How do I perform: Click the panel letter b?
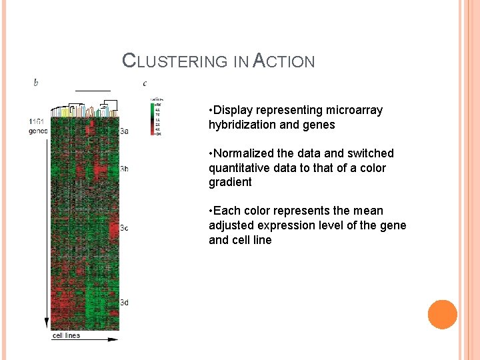point(36,83)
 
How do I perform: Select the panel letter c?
point(145,83)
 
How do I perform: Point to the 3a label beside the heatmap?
point(124,131)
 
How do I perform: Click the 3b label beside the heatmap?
point(124,169)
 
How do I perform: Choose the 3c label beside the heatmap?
point(124,229)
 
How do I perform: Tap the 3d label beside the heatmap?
point(124,303)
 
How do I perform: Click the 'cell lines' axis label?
point(66,335)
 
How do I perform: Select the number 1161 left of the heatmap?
point(37,121)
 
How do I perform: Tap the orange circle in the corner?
point(442,315)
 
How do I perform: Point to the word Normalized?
point(247,153)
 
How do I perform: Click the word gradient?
point(230,182)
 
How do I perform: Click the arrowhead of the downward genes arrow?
point(47,323)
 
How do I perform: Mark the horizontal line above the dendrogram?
point(93,89)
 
